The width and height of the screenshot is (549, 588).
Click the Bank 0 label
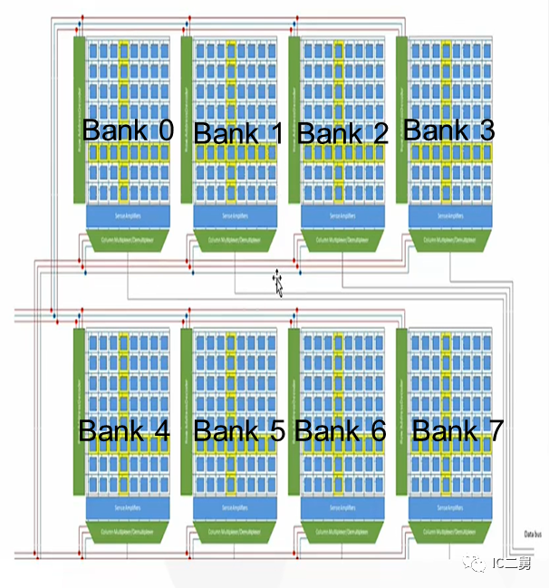click(x=128, y=130)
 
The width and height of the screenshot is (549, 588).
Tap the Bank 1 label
click(x=238, y=133)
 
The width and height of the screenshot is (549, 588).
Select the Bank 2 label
click(x=342, y=133)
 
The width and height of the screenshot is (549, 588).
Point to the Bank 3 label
click(x=448, y=130)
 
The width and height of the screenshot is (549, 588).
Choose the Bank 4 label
click(x=124, y=430)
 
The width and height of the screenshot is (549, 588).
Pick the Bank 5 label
click(x=239, y=430)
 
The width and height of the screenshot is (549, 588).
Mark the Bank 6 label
click(x=341, y=430)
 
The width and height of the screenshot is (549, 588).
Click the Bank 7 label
click(x=457, y=430)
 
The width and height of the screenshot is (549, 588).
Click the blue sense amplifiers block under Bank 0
click(x=128, y=216)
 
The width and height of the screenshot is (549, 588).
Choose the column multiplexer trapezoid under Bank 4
click(x=128, y=530)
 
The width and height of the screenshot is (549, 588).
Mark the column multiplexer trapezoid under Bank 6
click(x=342, y=530)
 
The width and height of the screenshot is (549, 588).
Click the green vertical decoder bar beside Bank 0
click(x=78, y=119)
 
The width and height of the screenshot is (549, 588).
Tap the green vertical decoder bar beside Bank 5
click(x=186, y=412)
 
